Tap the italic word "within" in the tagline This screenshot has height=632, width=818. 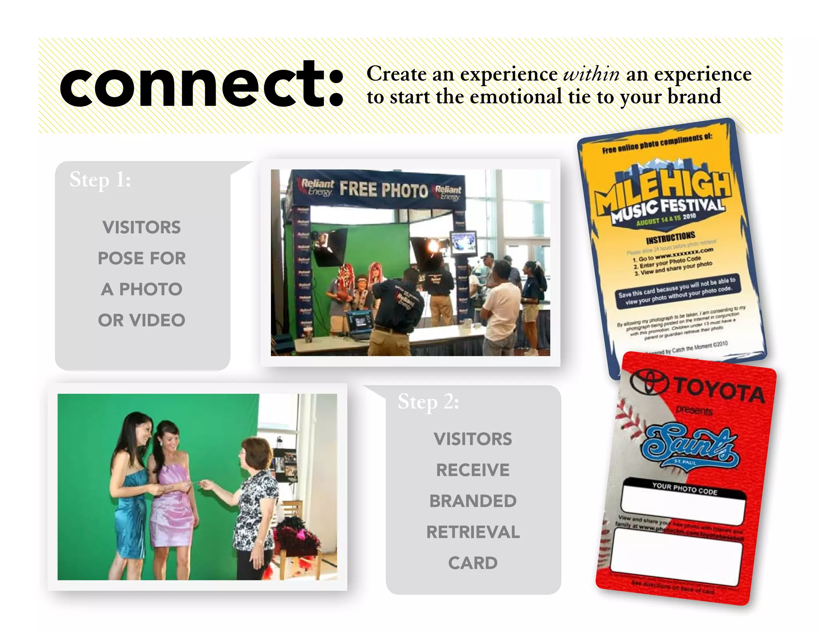tap(591, 74)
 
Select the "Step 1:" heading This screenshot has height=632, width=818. tap(100, 180)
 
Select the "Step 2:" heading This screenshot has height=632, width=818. tap(428, 402)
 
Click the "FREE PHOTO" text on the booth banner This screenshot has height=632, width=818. tap(383, 189)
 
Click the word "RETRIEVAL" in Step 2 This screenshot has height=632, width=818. tap(473, 532)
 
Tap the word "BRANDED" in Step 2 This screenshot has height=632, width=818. tap(473, 501)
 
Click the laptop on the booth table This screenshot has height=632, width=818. tap(361, 324)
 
